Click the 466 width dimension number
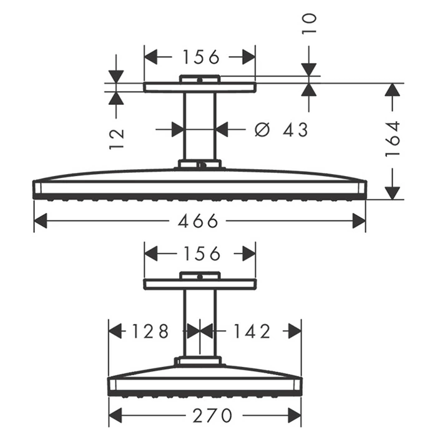tap(198, 221)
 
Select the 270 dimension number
tap(212, 416)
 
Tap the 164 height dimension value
tap(393, 139)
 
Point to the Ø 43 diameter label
tap(281, 130)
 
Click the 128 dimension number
tap(150, 331)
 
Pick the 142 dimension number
tap(252, 331)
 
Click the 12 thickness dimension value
tap(116, 139)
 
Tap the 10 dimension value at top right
tap(309, 24)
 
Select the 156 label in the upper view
tap(201, 57)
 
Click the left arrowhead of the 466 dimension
tap(41, 221)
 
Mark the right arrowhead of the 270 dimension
tap(295, 416)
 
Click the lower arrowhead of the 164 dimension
tap(393, 193)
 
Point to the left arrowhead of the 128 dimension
tap(115, 331)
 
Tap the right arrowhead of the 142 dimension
tap(295, 331)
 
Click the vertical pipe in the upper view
tap(200, 126)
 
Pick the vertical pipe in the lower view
tap(200, 323)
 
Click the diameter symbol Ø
tap(262, 130)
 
